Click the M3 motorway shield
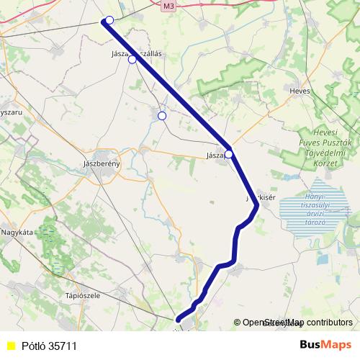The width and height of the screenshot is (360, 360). click(x=168, y=6)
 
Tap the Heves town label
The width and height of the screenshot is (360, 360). click(x=299, y=91)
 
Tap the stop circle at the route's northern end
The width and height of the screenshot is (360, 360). click(x=109, y=20)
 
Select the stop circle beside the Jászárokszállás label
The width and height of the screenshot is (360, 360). click(x=132, y=60)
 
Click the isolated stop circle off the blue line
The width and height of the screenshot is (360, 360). click(x=162, y=115)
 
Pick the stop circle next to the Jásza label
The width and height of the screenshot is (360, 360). click(x=229, y=154)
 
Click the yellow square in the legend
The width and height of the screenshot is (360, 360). click(x=10, y=346)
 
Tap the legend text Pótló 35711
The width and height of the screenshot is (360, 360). click(x=49, y=346)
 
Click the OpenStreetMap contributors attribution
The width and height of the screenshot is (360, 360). click(x=297, y=323)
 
